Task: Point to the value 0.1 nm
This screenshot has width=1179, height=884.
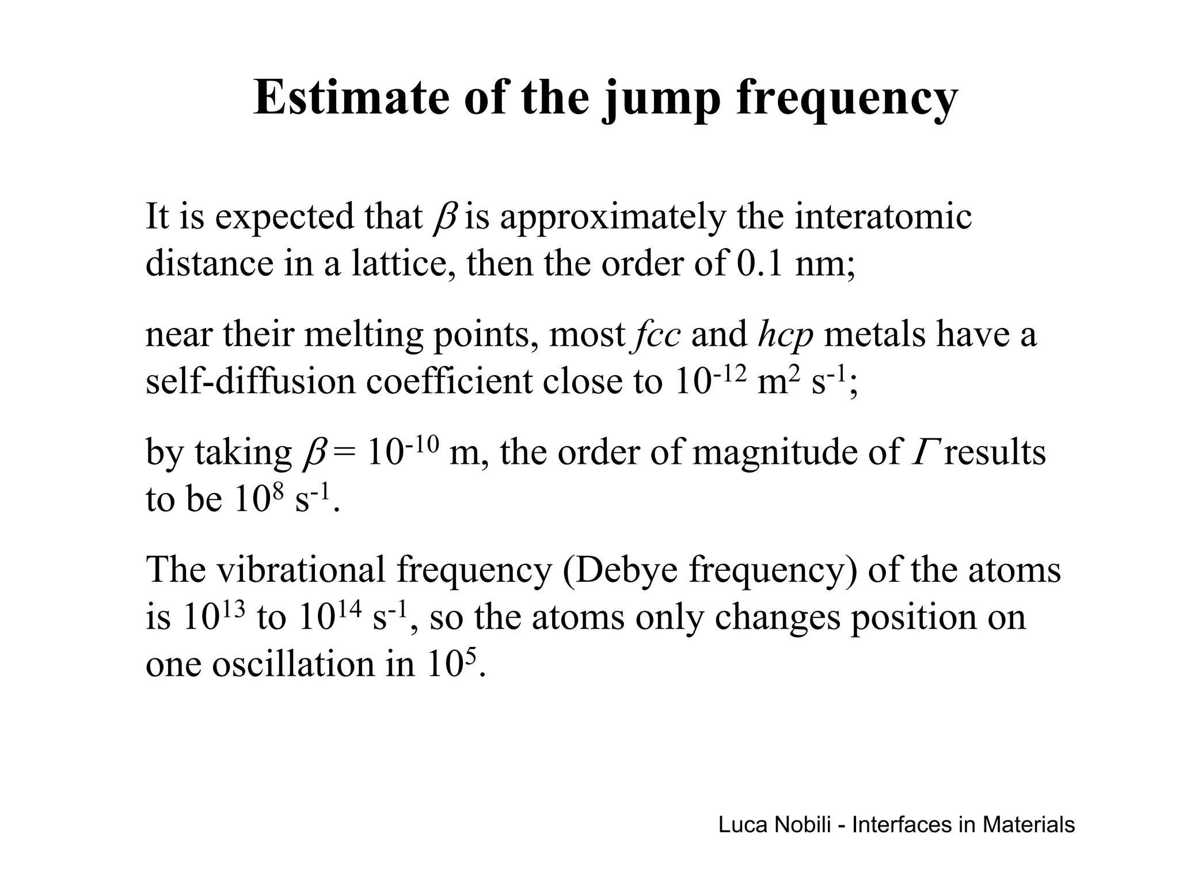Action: pyautogui.click(x=795, y=264)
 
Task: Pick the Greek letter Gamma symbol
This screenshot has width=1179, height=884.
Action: pyautogui.click(x=922, y=452)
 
